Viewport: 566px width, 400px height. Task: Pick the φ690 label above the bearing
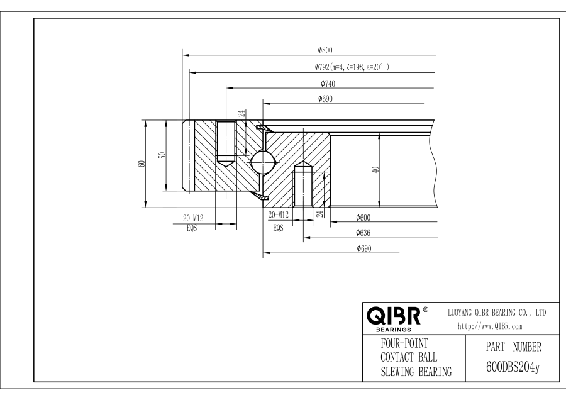325,99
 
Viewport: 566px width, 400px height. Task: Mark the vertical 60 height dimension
142,164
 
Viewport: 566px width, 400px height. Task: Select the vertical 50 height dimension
162,156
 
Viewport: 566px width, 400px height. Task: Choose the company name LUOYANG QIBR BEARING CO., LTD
496,312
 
